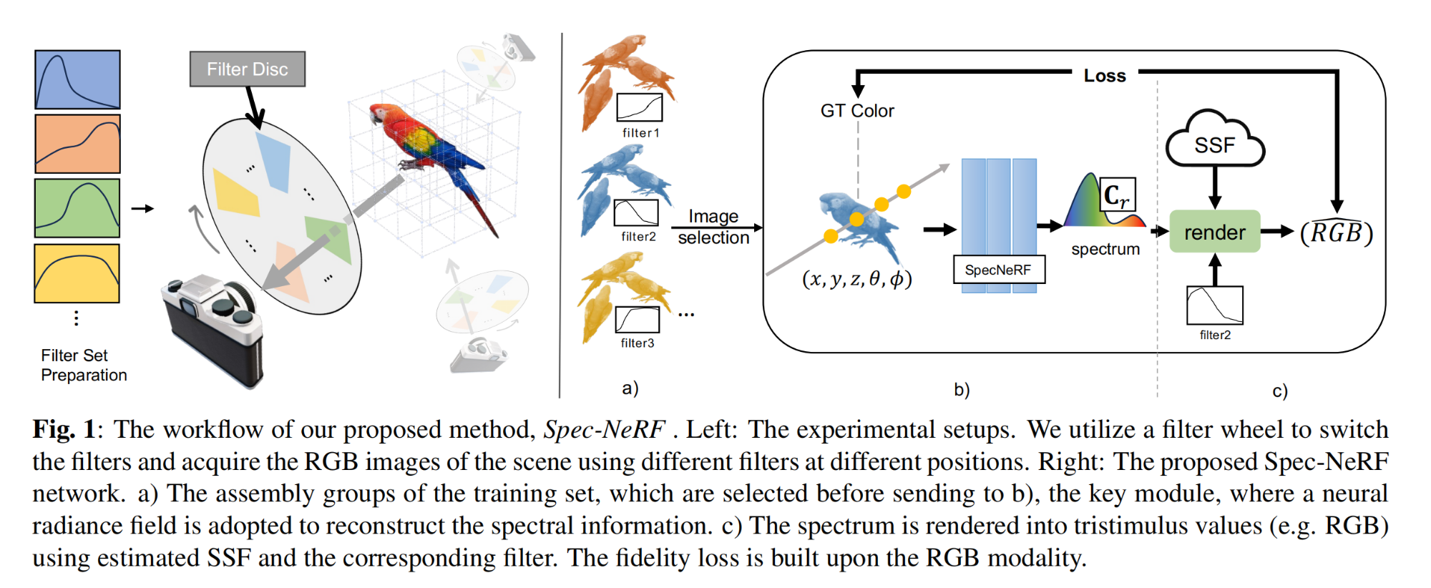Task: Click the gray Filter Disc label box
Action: (248, 69)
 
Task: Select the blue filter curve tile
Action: (77, 79)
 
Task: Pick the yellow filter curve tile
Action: (77, 273)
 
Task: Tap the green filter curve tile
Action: (77, 208)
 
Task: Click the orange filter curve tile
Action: (77, 144)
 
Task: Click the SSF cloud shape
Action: (1215, 140)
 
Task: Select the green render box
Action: (1215, 232)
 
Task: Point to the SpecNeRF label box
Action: (999, 270)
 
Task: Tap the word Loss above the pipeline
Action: (1105, 76)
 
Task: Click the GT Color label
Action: (857, 111)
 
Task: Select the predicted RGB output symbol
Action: (1337, 232)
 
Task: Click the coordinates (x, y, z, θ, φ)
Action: (857, 278)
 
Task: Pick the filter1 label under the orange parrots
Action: (640, 133)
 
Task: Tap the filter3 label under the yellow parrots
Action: (638, 343)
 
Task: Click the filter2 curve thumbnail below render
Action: (1215, 305)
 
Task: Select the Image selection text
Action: (713, 227)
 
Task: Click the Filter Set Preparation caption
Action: (84, 366)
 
